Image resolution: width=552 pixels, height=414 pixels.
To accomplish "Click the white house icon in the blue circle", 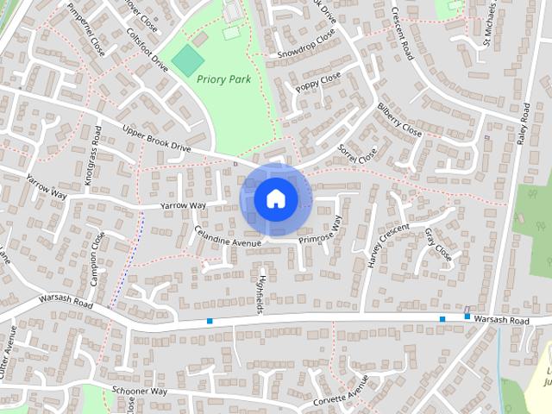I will click(x=275, y=198).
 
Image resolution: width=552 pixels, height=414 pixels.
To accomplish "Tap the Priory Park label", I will click(x=223, y=79).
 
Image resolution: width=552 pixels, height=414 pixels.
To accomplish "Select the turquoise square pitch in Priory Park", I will click(x=187, y=60).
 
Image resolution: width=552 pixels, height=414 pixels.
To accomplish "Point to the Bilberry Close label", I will click(x=399, y=121).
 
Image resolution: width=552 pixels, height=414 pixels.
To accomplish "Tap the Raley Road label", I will click(x=523, y=124).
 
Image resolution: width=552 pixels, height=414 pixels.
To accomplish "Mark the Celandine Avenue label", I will click(x=227, y=238).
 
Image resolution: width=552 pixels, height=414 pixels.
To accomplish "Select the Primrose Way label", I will click(x=320, y=230).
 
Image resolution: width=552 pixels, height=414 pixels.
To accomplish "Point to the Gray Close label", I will click(x=438, y=245).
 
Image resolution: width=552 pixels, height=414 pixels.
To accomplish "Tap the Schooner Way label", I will click(x=139, y=392).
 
